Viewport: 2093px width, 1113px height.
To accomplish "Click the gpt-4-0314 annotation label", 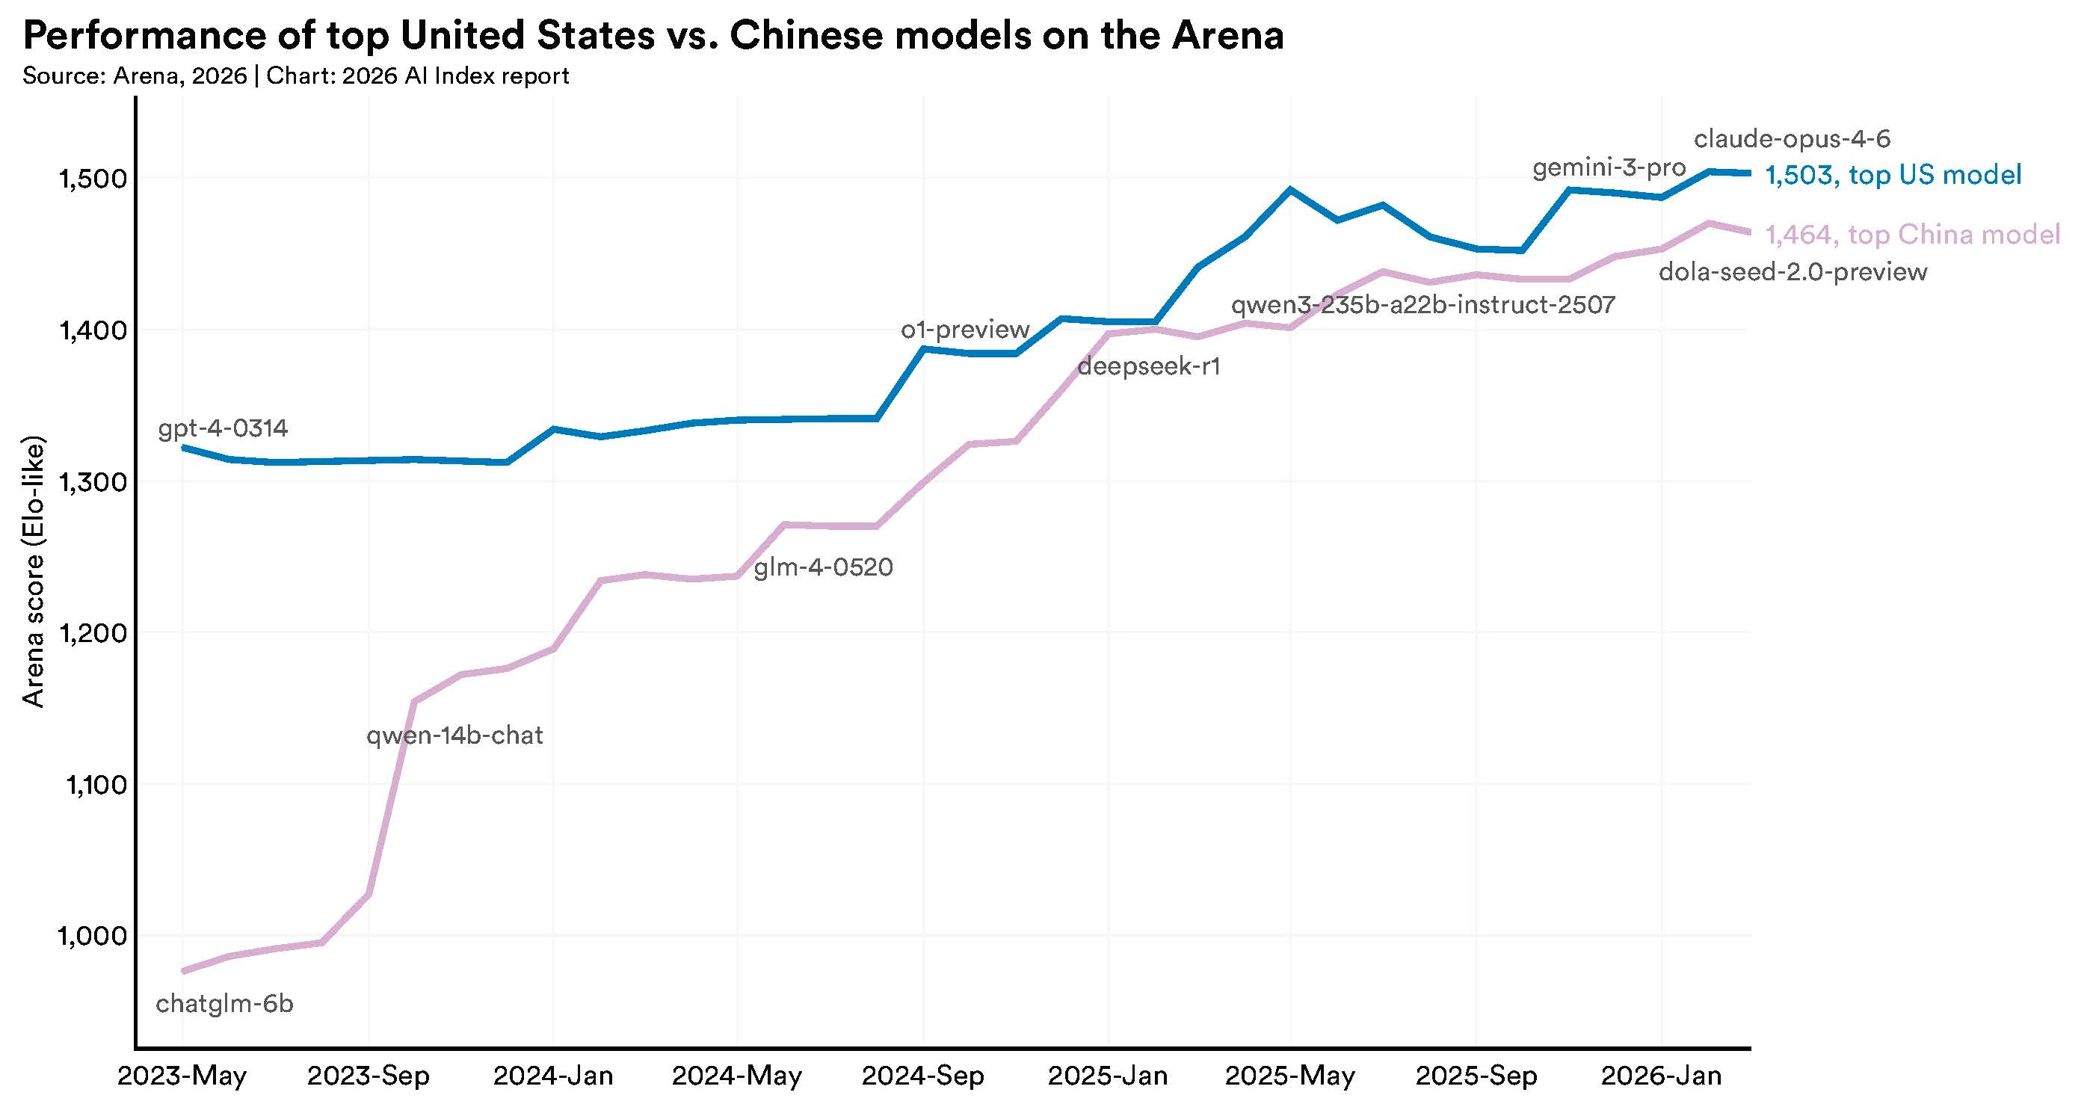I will [223, 428].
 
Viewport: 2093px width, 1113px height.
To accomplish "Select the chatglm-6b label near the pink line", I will [224, 1003].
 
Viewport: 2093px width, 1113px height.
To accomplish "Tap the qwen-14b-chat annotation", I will [454, 736].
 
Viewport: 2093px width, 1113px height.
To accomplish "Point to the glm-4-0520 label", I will [823, 567].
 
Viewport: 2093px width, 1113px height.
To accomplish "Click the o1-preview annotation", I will [964, 329].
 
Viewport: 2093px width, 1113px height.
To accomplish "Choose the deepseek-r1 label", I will [1149, 366].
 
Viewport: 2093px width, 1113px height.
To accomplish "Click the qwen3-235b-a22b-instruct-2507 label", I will [1422, 306].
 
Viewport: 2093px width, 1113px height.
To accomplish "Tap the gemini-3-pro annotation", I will [1609, 168].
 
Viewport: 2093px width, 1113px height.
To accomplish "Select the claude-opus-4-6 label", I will [1792, 139].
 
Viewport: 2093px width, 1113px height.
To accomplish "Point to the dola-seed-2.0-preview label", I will [1793, 271].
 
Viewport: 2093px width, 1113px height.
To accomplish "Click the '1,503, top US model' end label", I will [1893, 175].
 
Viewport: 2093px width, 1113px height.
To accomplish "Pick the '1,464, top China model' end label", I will [1913, 235].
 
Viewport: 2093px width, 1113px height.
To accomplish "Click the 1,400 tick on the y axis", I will [93, 330].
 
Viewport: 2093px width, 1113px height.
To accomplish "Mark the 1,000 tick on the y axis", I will [93, 936].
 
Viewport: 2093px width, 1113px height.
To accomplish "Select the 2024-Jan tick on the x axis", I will [552, 1076].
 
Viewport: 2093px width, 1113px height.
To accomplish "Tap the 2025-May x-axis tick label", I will [1289, 1076].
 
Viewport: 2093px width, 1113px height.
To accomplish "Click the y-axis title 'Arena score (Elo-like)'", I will [32, 573].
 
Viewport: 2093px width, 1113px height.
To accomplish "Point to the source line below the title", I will [296, 76].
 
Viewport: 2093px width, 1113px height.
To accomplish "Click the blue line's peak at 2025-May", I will [1289, 189].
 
